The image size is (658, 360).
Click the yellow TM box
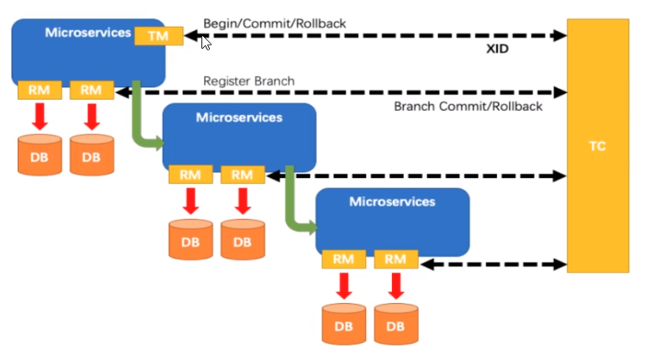tap(159, 35)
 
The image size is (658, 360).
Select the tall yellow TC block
tap(598, 146)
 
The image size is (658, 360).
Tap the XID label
tap(497, 49)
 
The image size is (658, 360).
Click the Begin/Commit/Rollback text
tap(274, 23)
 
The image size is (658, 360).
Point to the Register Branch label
tap(248, 81)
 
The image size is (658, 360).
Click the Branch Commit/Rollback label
tap(468, 107)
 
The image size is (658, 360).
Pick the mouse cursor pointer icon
tap(206, 43)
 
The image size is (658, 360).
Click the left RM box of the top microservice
tap(39, 90)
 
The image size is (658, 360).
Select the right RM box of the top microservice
tap(91, 90)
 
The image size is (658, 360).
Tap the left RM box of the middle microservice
tap(191, 175)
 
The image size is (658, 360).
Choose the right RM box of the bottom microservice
tap(396, 259)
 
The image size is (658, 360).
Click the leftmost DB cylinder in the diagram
tap(39, 154)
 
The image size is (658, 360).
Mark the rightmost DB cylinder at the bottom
tap(396, 324)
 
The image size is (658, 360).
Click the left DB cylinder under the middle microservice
tap(191, 239)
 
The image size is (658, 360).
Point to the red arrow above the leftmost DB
tap(39, 117)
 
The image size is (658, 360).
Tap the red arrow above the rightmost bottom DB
tap(396, 286)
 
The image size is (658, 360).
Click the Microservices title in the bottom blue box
tap(393, 201)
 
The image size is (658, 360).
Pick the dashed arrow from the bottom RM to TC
tap(493, 264)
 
